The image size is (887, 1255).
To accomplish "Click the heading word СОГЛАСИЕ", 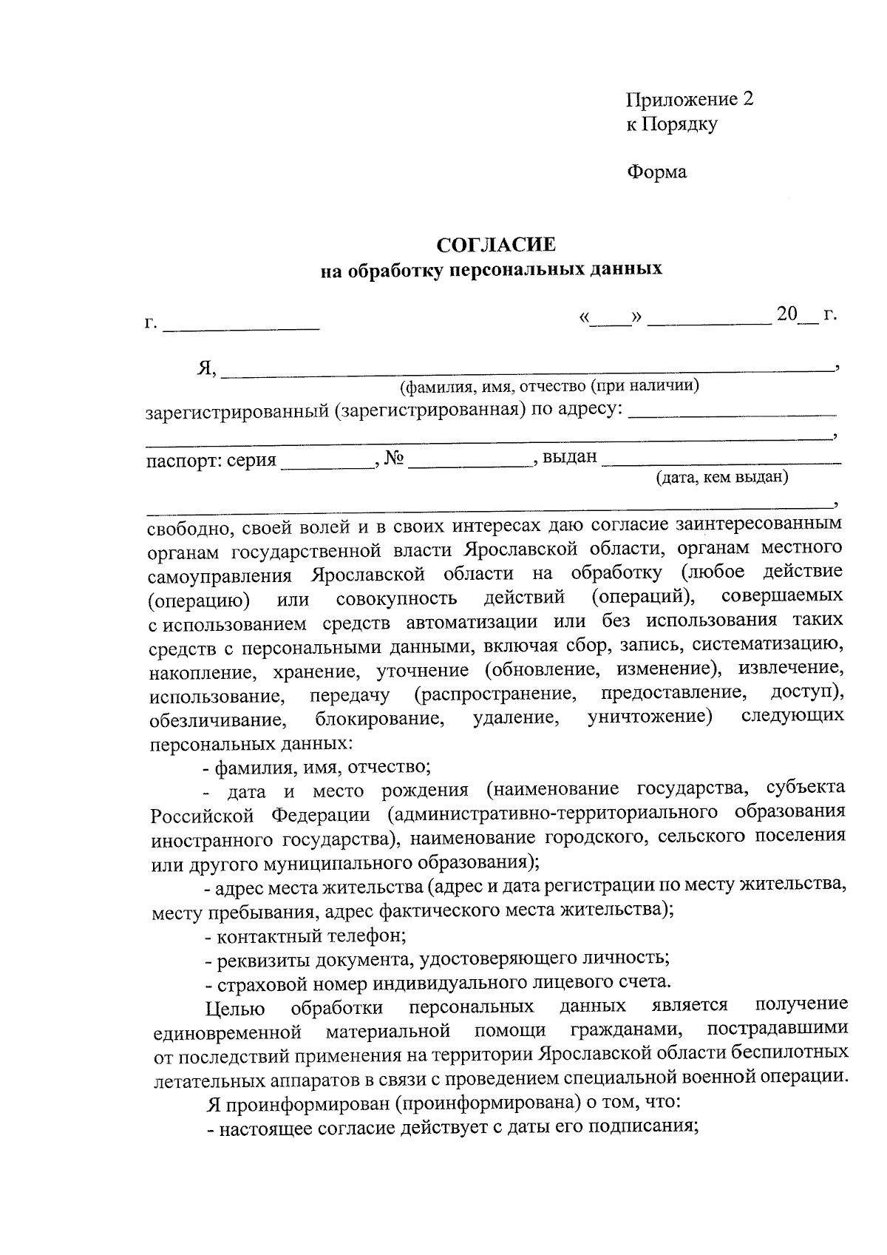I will click(x=495, y=245).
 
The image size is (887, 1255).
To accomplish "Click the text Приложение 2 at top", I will click(x=689, y=99).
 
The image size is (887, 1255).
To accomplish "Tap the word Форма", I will click(x=656, y=172).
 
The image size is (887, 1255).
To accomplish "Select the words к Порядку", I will click(x=671, y=124).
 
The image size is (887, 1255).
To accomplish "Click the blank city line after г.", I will click(x=241, y=324).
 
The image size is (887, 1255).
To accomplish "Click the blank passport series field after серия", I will click(x=326, y=464).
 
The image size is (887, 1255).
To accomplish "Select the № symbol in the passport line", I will click(x=394, y=459).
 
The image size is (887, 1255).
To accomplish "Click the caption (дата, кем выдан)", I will click(x=722, y=477).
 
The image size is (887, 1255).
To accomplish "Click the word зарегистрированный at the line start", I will click(x=236, y=411).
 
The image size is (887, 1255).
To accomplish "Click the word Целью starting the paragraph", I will click(x=235, y=1007).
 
